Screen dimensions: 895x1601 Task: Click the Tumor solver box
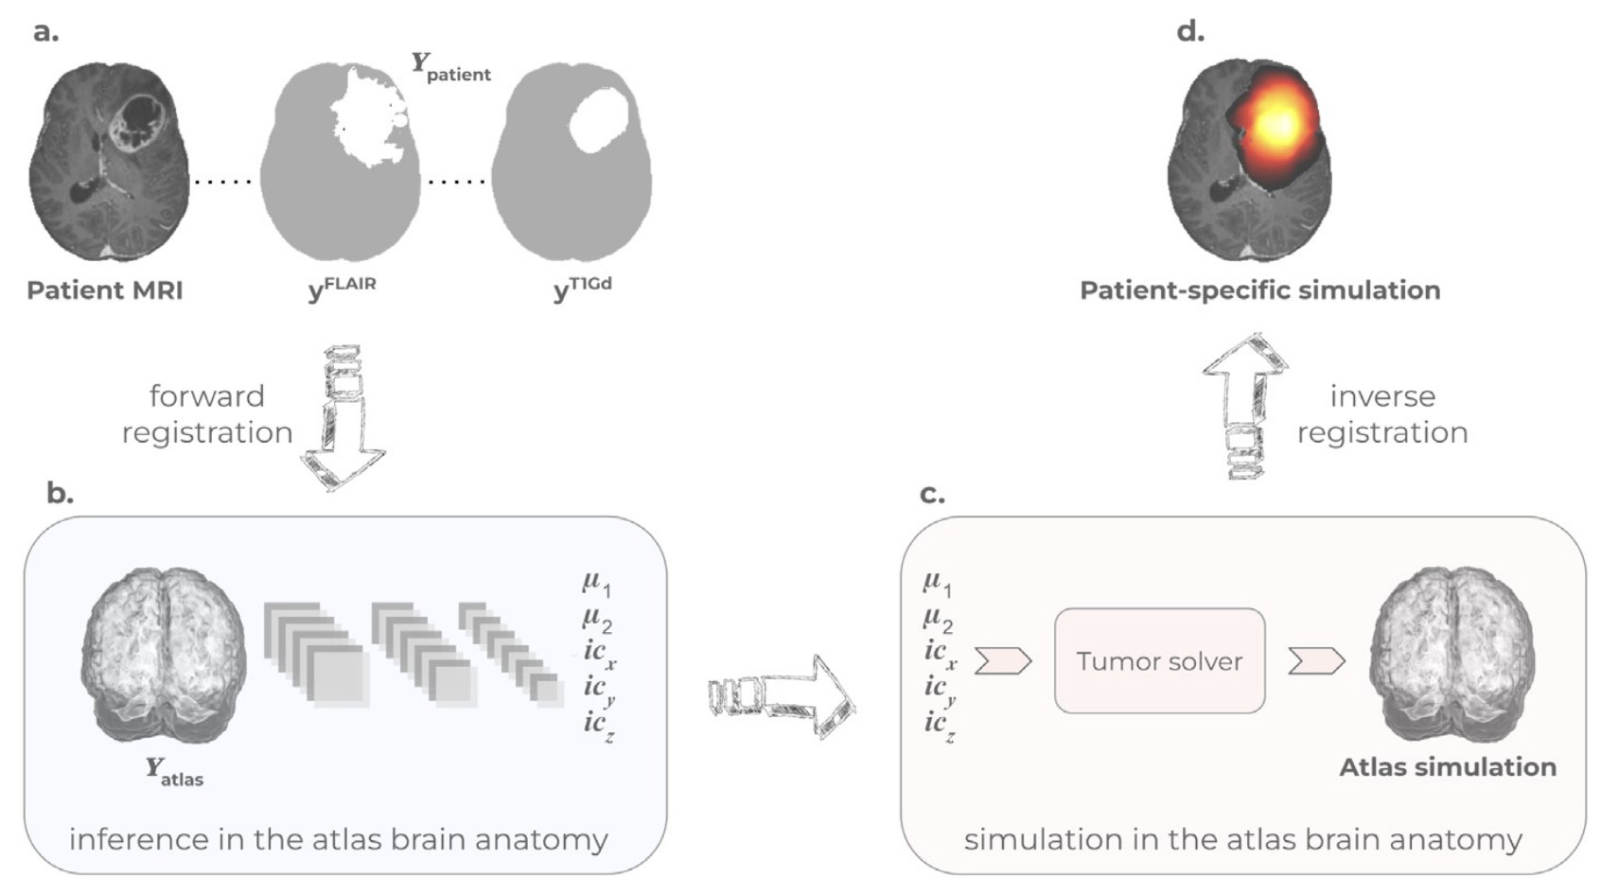[1159, 660]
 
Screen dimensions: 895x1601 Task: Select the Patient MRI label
[105, 290]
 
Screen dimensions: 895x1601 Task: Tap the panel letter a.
[45, 31]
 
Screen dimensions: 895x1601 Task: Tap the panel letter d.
[1190, 31]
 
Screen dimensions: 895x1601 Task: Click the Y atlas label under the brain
[174, 772]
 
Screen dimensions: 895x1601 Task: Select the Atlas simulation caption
[1447, 767]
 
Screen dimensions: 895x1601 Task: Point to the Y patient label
[450, 67]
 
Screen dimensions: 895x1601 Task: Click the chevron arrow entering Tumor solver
[1002, 660]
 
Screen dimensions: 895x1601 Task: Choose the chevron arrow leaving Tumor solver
[1316, 660]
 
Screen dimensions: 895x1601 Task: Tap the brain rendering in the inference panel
[165, 653]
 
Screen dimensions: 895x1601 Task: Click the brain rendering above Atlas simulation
[1451, 653]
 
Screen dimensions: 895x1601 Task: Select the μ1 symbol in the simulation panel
[938, 583]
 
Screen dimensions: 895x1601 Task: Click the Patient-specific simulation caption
[1259, 290]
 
